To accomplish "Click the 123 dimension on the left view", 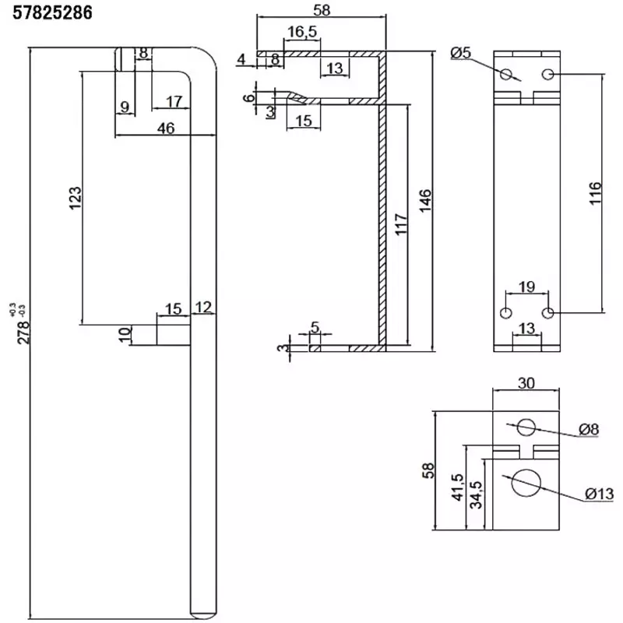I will [x=75, y=199].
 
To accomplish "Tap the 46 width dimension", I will [x=164, y=128].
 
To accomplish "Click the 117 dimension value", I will [x=399, y=226].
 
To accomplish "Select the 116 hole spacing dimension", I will [x=595, y=193].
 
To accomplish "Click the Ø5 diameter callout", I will [x=461, y=52].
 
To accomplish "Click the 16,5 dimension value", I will [x=301, y=31].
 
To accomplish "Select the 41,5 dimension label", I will [x=459, y=487].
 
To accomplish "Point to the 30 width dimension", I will [x=526, y=382].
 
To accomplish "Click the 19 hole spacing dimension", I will [x=526, y=287].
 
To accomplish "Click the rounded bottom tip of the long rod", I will [x=203, y=614].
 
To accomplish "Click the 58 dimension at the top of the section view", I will [x=320, y=12].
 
